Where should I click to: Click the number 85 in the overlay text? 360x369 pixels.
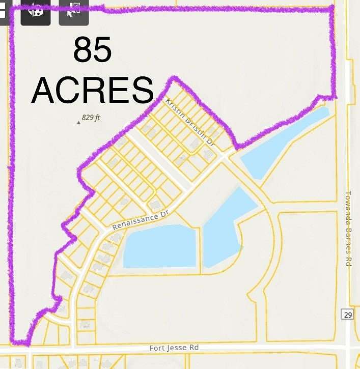pyautogui.click(x=93, y=50)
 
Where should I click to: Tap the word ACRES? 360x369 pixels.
pyautogui.click(x=93, y=90)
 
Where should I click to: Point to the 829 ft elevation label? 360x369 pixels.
pyautogui.click(x=91, y=118)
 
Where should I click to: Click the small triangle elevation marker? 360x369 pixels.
pyautogui.click(x=78, y=122)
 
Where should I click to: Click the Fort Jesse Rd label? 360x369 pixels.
pyautogui.click(x=174, y=348)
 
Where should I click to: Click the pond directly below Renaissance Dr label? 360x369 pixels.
pyautogui.click(x=160, y=246)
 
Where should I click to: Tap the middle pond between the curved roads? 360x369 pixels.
pyautogui.click(x=227, y=226)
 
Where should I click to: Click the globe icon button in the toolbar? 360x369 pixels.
pyautogui.click(x=35, y=11)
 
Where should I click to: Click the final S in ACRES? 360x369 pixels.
pyautogui.click(x=143, y=90)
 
